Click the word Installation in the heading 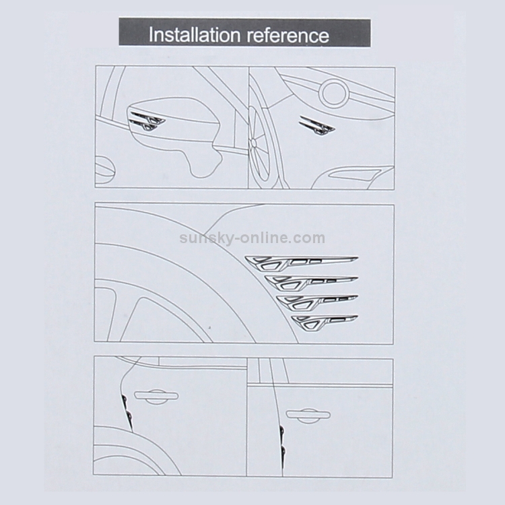tap(195, 35)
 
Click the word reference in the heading tap(288, 36)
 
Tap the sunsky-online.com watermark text tap(252, 238)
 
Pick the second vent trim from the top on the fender tap(311, 282)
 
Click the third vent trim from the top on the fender tap(317, 302)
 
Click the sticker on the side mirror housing tap(147, 121)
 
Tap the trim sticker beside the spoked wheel tap(317, 125)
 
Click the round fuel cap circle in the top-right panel tap(334, 93)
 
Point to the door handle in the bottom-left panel tap(156, 396)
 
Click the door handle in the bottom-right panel tap(308, 415)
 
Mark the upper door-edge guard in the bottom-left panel tap(124, 401)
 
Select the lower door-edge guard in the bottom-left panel tap(129, 416)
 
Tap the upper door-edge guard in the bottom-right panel tap(282, 431)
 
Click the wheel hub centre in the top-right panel tap(253, 141)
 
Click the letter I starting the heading tap(151, 35)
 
